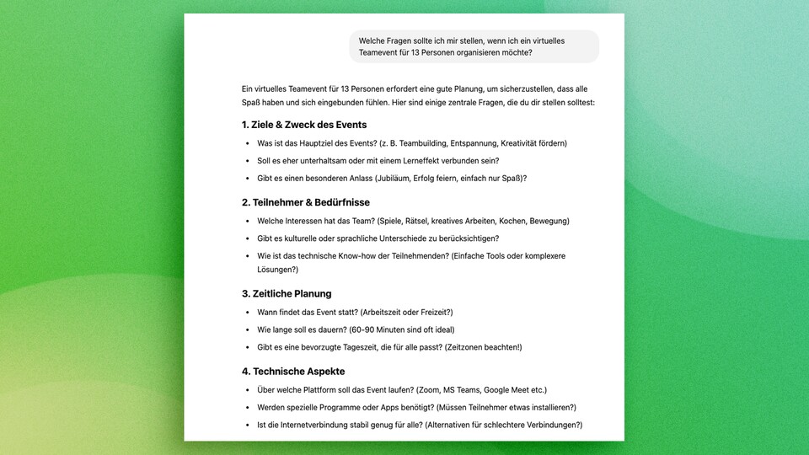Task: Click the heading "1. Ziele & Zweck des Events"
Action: click(304, 125)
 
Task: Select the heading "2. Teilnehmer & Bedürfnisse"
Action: click(305, 202)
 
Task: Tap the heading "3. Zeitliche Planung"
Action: click(287, 293)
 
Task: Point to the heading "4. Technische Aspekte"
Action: click(293, 371)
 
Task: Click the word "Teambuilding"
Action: click(420, 143)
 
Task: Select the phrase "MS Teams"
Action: click(471, 390)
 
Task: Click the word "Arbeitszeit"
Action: click(383, 313)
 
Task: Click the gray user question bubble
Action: click(474, 46)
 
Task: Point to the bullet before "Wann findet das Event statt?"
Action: click(247, 313)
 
